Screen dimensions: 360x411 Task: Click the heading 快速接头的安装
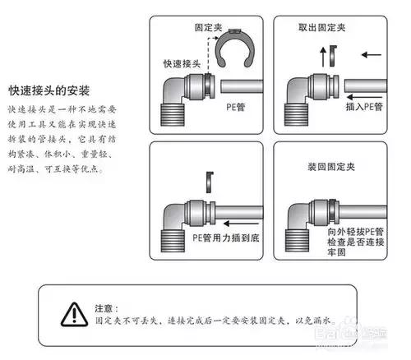click(x=48, y=89)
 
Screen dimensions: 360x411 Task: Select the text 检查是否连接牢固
click(x=345, y=249)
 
